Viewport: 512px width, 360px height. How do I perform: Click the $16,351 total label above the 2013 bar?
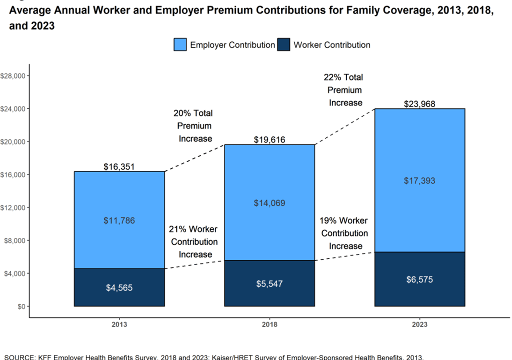coord(119,166)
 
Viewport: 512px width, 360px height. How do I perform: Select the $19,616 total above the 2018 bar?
coord(269,139)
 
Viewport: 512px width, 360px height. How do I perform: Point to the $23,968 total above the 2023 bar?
coord(419,104)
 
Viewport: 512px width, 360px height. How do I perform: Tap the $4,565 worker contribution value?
coord(119,288)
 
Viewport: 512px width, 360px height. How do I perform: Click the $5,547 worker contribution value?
coord(269,284)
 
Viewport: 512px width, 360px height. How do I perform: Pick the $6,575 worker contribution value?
coord(419,279)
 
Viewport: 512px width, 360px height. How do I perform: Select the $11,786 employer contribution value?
coord(119,220)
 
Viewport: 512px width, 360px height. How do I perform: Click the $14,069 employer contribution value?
coord(269,203)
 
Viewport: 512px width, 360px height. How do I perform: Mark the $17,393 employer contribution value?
coord(419,180)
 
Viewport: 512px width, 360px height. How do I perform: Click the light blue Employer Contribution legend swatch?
coord(180,44)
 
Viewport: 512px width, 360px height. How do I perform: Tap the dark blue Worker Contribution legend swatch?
coord(283,44)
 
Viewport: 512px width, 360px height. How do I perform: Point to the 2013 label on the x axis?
coord(119,324)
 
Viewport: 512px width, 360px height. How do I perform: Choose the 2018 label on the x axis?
coord(269,324)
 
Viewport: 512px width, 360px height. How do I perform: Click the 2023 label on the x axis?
coord(419,324)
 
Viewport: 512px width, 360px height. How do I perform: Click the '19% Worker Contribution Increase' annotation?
coord(344,233)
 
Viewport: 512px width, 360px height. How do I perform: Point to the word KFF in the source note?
coord(46,357)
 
